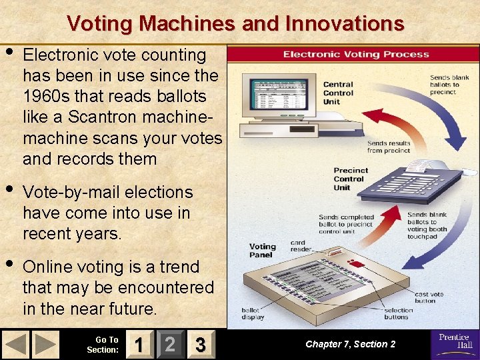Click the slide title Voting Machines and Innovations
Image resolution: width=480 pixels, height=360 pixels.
235,24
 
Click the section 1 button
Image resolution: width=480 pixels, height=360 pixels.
138,345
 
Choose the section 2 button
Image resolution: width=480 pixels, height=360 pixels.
170,345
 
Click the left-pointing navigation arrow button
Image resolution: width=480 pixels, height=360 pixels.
16,345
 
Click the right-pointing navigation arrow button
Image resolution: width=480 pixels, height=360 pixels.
46,345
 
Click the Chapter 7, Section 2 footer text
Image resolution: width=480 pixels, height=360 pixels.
350,344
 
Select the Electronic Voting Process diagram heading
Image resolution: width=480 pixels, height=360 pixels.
356,54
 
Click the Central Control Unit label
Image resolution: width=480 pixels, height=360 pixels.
338,93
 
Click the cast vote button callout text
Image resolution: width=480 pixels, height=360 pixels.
429,297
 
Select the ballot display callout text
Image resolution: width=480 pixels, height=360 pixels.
252,313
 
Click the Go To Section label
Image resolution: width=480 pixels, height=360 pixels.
103,345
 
